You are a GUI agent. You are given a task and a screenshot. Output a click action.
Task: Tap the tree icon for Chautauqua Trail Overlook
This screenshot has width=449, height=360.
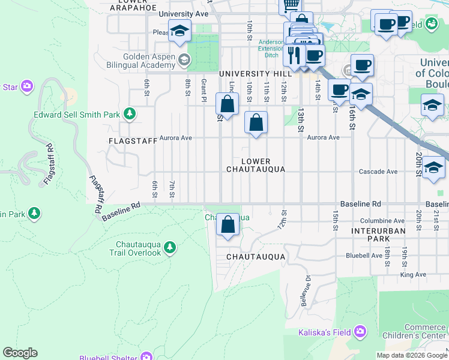[x=170, y=247]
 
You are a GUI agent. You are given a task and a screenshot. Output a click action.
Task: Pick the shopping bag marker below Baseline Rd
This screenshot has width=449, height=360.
[x=228, y=226]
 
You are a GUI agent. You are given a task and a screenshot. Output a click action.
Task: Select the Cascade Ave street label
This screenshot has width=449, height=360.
[x=378, y=172]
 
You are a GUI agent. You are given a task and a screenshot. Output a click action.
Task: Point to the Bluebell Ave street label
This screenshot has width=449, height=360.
[x=364, y=256]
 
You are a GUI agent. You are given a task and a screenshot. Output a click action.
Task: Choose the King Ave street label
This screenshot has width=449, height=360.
[x=412, y=274]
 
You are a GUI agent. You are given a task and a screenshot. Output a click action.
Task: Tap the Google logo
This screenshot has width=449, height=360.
[x=20, y=353]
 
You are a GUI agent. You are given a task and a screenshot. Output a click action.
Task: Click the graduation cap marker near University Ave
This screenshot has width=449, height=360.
[x=179, y=32]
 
